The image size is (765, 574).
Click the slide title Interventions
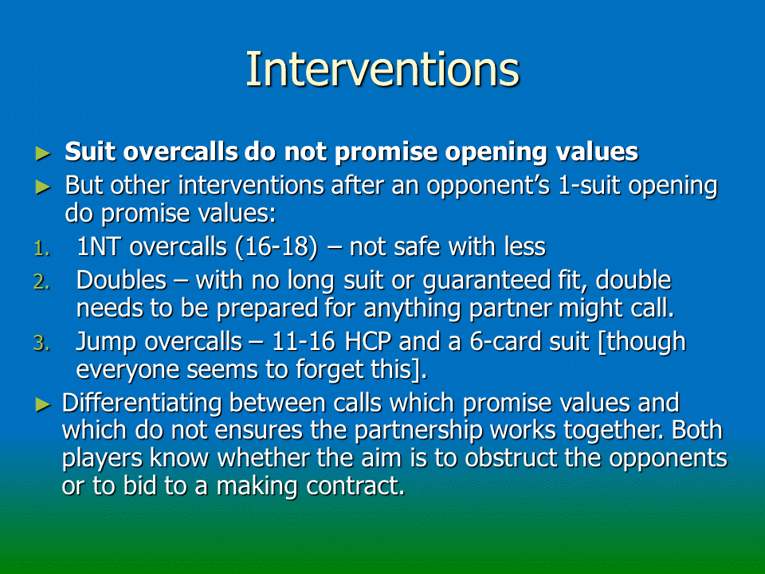coord(382,69)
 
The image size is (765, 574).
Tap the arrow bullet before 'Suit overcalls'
coord(43,153)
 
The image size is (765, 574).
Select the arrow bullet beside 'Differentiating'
coord(43,404)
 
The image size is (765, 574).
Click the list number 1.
coord(42,249)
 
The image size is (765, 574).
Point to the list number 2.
coord(42,282)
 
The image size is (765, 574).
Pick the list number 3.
coord(42,343)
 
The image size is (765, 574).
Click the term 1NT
coord(98,246)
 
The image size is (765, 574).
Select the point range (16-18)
coord(277,247)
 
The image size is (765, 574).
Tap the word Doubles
coord(121,280)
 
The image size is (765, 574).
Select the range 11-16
coord(304,342)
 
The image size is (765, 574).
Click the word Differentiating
coord(142,403)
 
